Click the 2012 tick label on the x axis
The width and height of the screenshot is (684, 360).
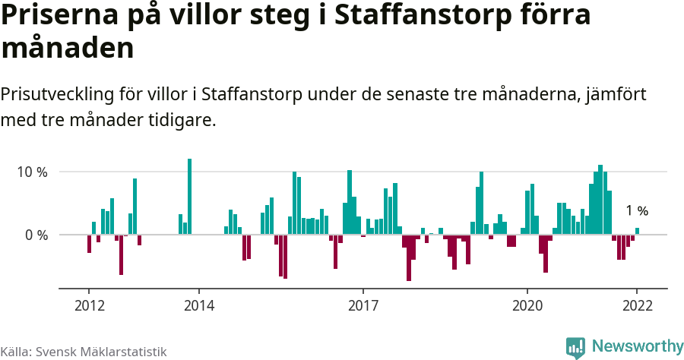(89, 305)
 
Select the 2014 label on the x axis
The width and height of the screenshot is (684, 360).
(198, 305)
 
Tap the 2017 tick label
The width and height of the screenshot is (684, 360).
(363, 305)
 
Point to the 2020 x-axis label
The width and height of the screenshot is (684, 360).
(527, 305)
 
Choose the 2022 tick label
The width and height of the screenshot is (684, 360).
(637, 305)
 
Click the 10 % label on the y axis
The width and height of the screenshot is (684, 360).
(33, 172)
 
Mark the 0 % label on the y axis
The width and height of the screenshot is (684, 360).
(37, 235)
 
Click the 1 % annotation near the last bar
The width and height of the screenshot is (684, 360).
(637, 211)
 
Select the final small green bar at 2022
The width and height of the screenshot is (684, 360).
(637, 231)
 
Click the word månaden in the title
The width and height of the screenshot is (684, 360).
(68, 48)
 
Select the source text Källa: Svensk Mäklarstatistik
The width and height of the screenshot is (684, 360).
(84, 352)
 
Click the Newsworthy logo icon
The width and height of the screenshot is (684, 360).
(575, 347)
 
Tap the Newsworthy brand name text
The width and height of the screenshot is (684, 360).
(637, 347)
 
